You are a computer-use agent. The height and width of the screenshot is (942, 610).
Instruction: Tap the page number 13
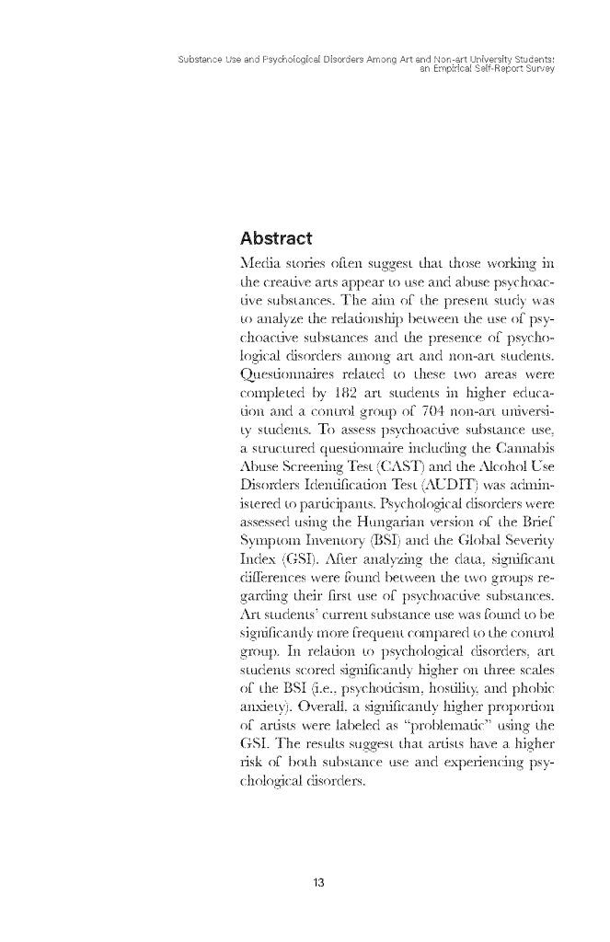[319, 883]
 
